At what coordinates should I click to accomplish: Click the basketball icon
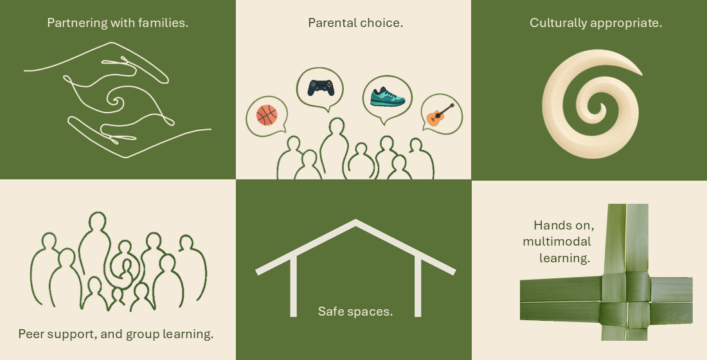coord(267,115)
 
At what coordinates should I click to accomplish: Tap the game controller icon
coord(321,87)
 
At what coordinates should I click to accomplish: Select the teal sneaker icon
coord(388,96)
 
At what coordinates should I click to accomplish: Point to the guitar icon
coord(440,114)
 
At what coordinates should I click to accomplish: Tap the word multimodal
coord(557,241)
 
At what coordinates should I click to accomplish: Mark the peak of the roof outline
coord(356,222)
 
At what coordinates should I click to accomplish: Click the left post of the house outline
coord(293,286)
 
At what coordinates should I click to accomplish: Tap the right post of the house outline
coord(418,287)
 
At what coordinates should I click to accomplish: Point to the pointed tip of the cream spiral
coord(641,73)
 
